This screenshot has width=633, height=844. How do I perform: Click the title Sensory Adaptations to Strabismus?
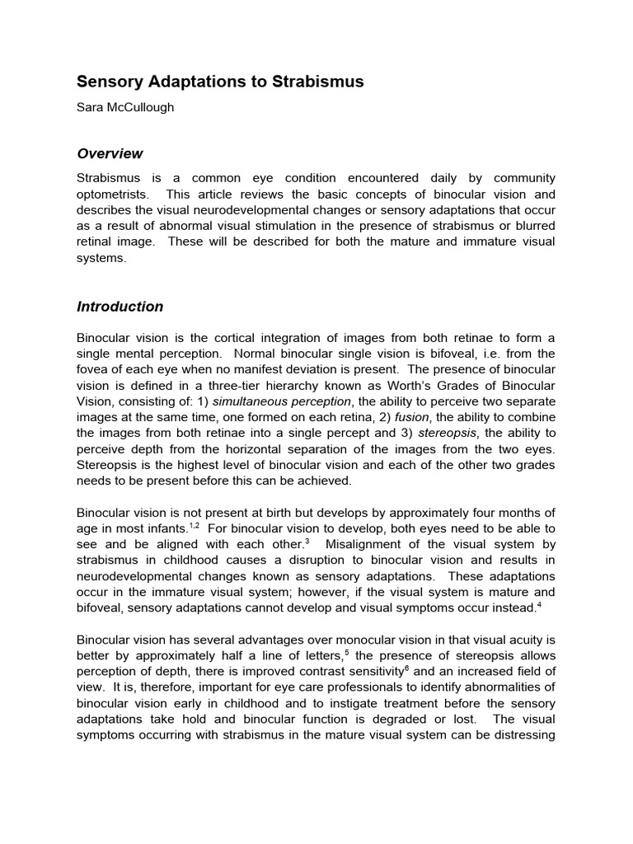(x=220, y=82)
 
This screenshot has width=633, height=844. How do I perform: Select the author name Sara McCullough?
(x=125, y=107)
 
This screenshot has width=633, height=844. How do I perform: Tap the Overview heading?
(x=110, y=153)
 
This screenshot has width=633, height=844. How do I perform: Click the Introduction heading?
(x=120, y=307)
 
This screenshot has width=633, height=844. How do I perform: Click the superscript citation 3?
(x=307, y=541)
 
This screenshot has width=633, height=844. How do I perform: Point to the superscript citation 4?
(x=538, y=604)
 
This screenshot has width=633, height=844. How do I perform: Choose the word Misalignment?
(x=368, y=545)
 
